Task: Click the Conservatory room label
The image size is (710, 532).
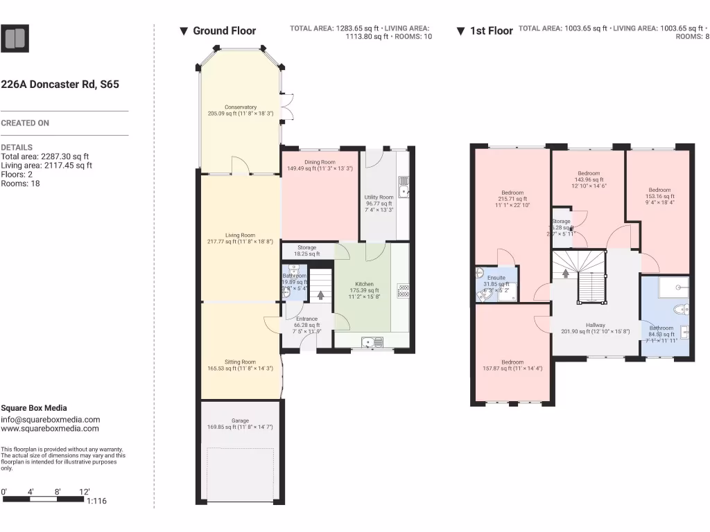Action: pos(241,107)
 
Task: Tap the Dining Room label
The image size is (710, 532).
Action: pos(320,162)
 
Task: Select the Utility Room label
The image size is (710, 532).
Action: pos(379,197)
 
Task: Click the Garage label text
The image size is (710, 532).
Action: pos(240,420)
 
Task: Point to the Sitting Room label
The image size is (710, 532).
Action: pos(240,362)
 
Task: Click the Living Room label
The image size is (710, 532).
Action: pos(240,236)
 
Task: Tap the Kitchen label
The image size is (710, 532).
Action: pos(364,284)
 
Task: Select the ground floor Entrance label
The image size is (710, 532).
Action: pos(306,319)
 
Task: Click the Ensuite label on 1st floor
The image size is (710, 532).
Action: pos(496,278)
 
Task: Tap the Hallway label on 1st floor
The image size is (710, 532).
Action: pos(595,325)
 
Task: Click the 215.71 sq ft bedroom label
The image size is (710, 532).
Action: pos(512,193)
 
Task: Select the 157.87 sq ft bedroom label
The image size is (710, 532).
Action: pos(512,362)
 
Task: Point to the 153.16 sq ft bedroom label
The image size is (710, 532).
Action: pos(659,190)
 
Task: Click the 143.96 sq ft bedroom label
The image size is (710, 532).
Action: pos(589,173)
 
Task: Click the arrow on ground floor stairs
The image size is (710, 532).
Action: pos(321,294)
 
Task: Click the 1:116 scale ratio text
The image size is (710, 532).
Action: pos(96,502)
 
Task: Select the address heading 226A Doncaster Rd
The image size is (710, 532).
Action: pos(60,85)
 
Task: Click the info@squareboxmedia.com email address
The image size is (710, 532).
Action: pos(50,419)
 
